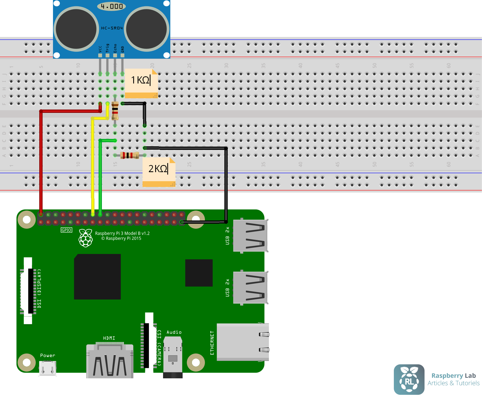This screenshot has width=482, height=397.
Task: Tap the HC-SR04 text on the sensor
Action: click(112, 28)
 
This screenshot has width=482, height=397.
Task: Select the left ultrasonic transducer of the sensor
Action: click(76, 29)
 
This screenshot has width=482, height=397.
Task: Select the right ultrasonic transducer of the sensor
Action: click(147, 29)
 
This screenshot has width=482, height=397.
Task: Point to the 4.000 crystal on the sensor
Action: click(112, 6)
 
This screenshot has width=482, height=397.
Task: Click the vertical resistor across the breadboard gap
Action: click(115, 111)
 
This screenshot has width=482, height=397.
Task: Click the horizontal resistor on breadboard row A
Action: click(130, 155)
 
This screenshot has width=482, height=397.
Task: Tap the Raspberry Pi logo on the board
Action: click(86, 238)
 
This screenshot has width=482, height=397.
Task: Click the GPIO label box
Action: click(66, 230)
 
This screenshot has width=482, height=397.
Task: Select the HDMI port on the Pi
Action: click(110, 361)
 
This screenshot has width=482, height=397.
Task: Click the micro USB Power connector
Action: click(48, 368)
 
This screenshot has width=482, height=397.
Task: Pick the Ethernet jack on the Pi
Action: click(243, 342)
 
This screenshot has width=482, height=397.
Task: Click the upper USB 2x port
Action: click(250, 235)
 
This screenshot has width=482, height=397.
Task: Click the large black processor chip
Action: click(97, 276)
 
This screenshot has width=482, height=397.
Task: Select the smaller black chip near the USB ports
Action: click(199, 273)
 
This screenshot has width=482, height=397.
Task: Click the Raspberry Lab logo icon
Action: click(409, 379)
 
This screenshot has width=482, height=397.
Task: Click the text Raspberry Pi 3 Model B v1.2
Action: click(122, 233)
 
